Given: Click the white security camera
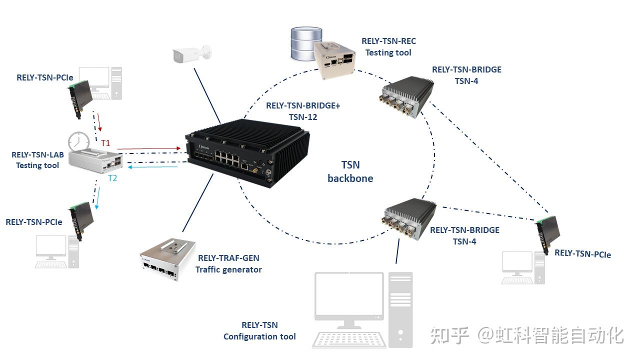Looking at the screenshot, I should (191, 54).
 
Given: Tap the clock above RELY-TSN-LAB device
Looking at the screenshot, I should (78, 142).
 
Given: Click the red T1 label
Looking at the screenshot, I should (105, 143).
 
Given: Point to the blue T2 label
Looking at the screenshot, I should (112, 178).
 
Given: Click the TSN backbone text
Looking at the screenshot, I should (350, 171).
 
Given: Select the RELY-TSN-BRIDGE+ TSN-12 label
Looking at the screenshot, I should (303, 111).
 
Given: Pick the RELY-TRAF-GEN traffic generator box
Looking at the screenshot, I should (166, 257).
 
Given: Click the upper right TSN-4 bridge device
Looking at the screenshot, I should (407, 96).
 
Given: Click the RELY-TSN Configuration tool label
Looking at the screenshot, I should (259, 331).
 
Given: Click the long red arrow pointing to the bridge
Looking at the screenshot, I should (149, 148).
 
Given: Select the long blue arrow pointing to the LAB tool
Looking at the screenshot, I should (150, 167).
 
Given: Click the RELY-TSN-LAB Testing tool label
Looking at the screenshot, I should (37, 160).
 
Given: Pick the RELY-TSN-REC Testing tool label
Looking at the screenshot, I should (388, 46).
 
